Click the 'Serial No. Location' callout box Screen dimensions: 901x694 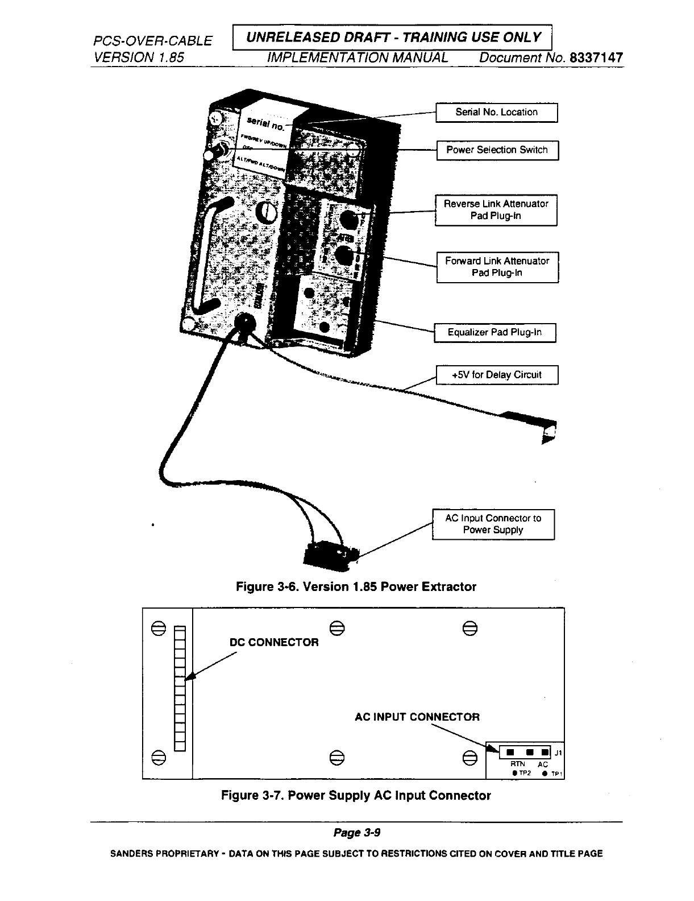point(496,113)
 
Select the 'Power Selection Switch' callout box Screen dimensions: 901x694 point(497,150)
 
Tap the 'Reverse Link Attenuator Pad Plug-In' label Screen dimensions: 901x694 point(496,210)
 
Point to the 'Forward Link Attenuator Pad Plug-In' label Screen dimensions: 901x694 point(497,267)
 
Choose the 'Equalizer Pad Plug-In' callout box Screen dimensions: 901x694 point(494,333)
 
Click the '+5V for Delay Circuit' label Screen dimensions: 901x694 point(496,375)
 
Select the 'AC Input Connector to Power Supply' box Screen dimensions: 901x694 point(493,524)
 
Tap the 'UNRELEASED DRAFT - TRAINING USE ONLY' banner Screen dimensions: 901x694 point(392,38)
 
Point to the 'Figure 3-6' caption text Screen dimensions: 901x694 point(356,586)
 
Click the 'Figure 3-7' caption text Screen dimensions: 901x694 point(356,795)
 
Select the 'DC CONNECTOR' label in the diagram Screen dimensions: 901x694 point(273,642)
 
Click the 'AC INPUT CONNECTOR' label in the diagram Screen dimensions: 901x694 point(417,717)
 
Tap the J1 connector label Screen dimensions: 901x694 point(558,753)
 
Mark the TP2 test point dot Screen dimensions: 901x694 point(514,774)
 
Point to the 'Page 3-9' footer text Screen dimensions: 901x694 point(356,833)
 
